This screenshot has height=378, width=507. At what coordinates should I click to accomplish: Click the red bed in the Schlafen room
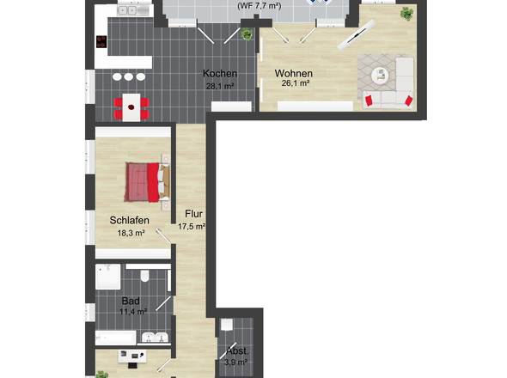144,181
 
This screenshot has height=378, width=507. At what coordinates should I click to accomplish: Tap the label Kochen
220,74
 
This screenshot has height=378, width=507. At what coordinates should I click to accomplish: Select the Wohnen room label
294,74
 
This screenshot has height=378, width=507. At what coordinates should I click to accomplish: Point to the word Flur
192,215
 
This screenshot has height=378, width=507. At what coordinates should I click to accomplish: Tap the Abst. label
238,351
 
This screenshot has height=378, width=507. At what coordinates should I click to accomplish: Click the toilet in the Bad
145,276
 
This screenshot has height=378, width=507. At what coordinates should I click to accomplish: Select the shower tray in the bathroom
108,276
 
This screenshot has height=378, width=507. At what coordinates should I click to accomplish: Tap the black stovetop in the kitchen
101,43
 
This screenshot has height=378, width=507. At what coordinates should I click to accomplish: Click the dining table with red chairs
131,107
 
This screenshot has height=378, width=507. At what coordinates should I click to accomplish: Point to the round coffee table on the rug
378,74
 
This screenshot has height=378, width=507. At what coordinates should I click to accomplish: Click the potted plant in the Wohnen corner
406,14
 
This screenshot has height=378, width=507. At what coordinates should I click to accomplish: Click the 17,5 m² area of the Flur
192,227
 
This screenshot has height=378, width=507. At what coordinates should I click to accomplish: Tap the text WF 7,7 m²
259,6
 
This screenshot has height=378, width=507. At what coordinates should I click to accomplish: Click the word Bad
131,301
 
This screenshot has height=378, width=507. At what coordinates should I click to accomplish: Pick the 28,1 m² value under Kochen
220,86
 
